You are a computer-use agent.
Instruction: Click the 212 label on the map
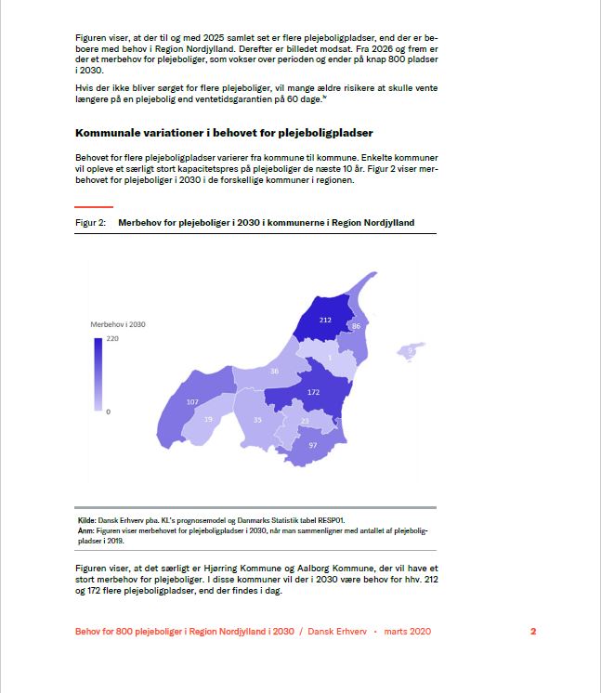coord(324,320)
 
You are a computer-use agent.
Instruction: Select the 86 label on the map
coord(356,327)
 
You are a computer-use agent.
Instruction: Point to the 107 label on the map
coord(192,402)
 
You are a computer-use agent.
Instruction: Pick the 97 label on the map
coord(313,446)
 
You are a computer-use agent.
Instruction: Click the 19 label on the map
coord(208,420)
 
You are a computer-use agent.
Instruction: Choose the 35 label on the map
coord(257,421)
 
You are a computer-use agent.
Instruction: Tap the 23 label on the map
coord(305,422)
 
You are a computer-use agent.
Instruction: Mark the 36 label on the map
coord(274,371)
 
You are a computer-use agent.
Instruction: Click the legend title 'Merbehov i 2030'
coord(118,325)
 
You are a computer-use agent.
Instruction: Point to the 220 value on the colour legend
coord(112,340)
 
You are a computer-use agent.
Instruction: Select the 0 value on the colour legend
coord(108,411)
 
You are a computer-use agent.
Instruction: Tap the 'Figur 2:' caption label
coord(90,223)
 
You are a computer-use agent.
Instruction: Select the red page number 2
coord(533,632)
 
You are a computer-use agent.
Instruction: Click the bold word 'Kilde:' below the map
coord(86,520)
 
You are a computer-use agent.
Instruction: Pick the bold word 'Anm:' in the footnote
coord(85,530)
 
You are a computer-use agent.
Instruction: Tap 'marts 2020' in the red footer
coord(407,632)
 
